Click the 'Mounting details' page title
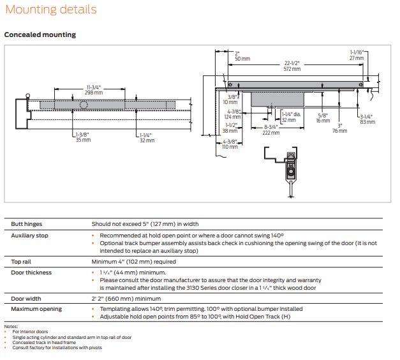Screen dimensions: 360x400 coord(51,10)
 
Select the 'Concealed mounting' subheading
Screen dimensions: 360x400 coord(40,34)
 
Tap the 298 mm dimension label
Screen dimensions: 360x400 coord(94,93)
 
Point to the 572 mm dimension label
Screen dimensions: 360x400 coord(292,69)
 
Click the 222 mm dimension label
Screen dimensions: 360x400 coord(271,133)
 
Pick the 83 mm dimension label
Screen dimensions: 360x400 coord(367,122)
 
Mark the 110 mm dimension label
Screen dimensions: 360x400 coord(230,147)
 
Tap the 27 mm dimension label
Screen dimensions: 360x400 coord(355,58)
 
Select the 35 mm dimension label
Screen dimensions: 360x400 coord(82,140)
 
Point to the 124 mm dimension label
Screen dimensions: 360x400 coord(233,116)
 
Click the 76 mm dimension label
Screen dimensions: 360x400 coord(340,131)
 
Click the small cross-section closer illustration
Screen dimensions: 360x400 coord(286,167)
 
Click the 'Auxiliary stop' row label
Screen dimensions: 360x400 coord(29,236)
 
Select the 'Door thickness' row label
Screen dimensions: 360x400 coord(32,273)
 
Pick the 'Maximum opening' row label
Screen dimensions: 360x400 coord(36,309)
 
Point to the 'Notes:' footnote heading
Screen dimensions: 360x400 coord(11,326)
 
